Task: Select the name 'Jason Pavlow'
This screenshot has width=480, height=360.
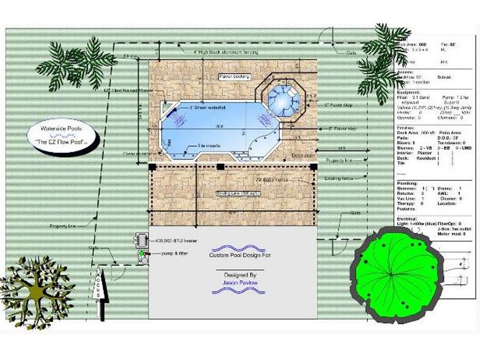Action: [241, 283]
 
